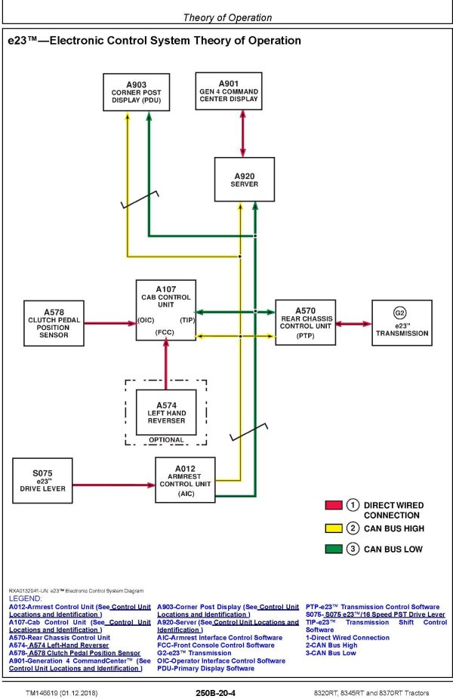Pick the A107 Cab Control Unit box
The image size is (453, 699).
pyautogui.click(x=165, y=310)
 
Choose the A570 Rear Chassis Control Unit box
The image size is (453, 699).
pyautogui.click(x=305, y=322)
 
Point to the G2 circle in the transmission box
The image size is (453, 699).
pyautogui.click(x=400, y=312)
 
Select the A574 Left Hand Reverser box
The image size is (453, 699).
pyautogui.click(x=165, y=411)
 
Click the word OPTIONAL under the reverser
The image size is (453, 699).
pyautogui.click(x=165, y=440)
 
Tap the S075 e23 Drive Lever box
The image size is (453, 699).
pyautogui.click(x=42, y=482)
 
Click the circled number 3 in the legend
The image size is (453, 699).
pyautogui.click(x=353, y=549)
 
